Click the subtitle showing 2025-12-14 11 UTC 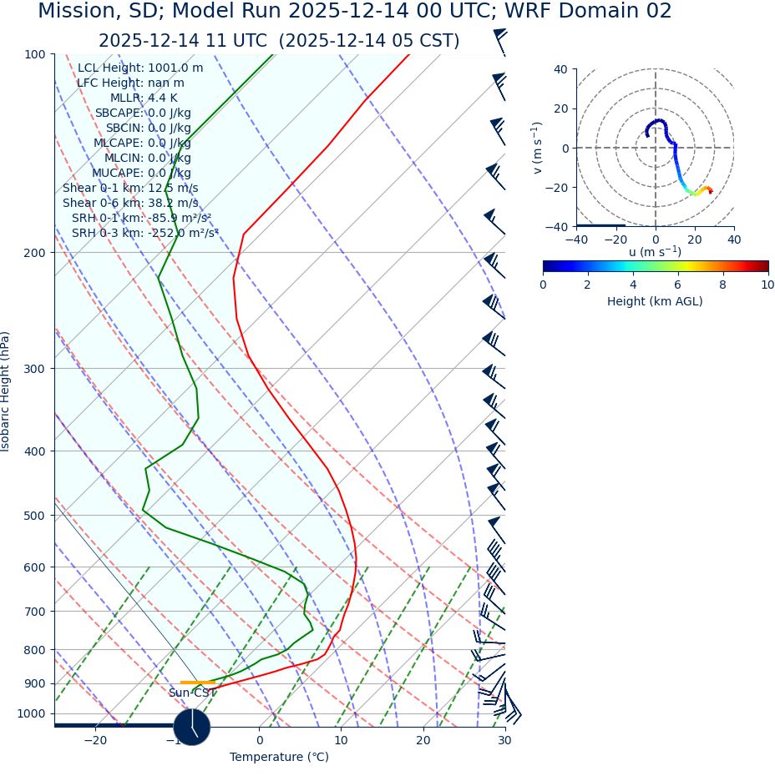(x=279, y=41)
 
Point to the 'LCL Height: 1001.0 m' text (x=140, y=68)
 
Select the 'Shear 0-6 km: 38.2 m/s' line (x=130, y=203)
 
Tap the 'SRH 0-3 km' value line (x=145, y=233)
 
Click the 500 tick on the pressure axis (x=35, y=516)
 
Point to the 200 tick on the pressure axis (x=35, y=253)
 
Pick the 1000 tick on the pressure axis (x=32, y=713)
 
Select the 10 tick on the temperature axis (x=341, y=740)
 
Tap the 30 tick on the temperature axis (x=504, y=740)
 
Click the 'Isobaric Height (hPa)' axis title (x=7, y=391)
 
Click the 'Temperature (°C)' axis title (x=279, y=757)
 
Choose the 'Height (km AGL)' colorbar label (x=655, y=301)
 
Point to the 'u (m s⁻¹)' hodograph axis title (x=655, y=252)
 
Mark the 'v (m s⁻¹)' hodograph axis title (x=537, y=148)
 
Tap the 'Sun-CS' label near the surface (x=189, y=693)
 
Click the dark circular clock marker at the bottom (x=192, y=727)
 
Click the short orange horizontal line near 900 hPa (x=198, y=683)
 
